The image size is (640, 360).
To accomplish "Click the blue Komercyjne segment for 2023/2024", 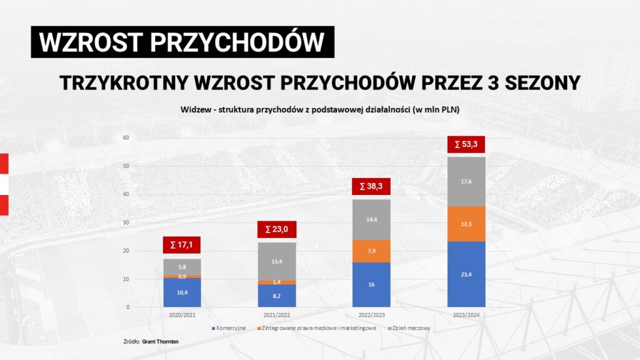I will point(466,274).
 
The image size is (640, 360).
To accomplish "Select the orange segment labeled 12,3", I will point(466,224).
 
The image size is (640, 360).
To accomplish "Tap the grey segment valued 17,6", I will point(466,181).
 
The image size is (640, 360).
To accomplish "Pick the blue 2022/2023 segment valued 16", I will point(371,284).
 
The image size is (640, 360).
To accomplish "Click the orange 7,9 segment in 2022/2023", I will point(371,251).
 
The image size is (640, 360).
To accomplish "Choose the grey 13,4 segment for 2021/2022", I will point(277,261).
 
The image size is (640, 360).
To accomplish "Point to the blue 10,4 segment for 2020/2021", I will point(182,292).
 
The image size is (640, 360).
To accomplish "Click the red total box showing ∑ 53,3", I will point(466,144).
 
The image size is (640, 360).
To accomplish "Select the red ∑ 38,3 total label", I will point(371,186).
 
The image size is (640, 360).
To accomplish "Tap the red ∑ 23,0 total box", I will point(276,229).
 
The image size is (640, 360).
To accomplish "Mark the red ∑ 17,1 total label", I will point(182,244).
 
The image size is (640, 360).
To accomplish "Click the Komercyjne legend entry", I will point(229,328).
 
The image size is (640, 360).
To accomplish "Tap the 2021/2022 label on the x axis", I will point(276,316).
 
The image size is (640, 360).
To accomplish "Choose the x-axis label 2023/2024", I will point(466,316).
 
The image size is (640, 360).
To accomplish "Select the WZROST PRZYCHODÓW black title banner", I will point(182,42).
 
